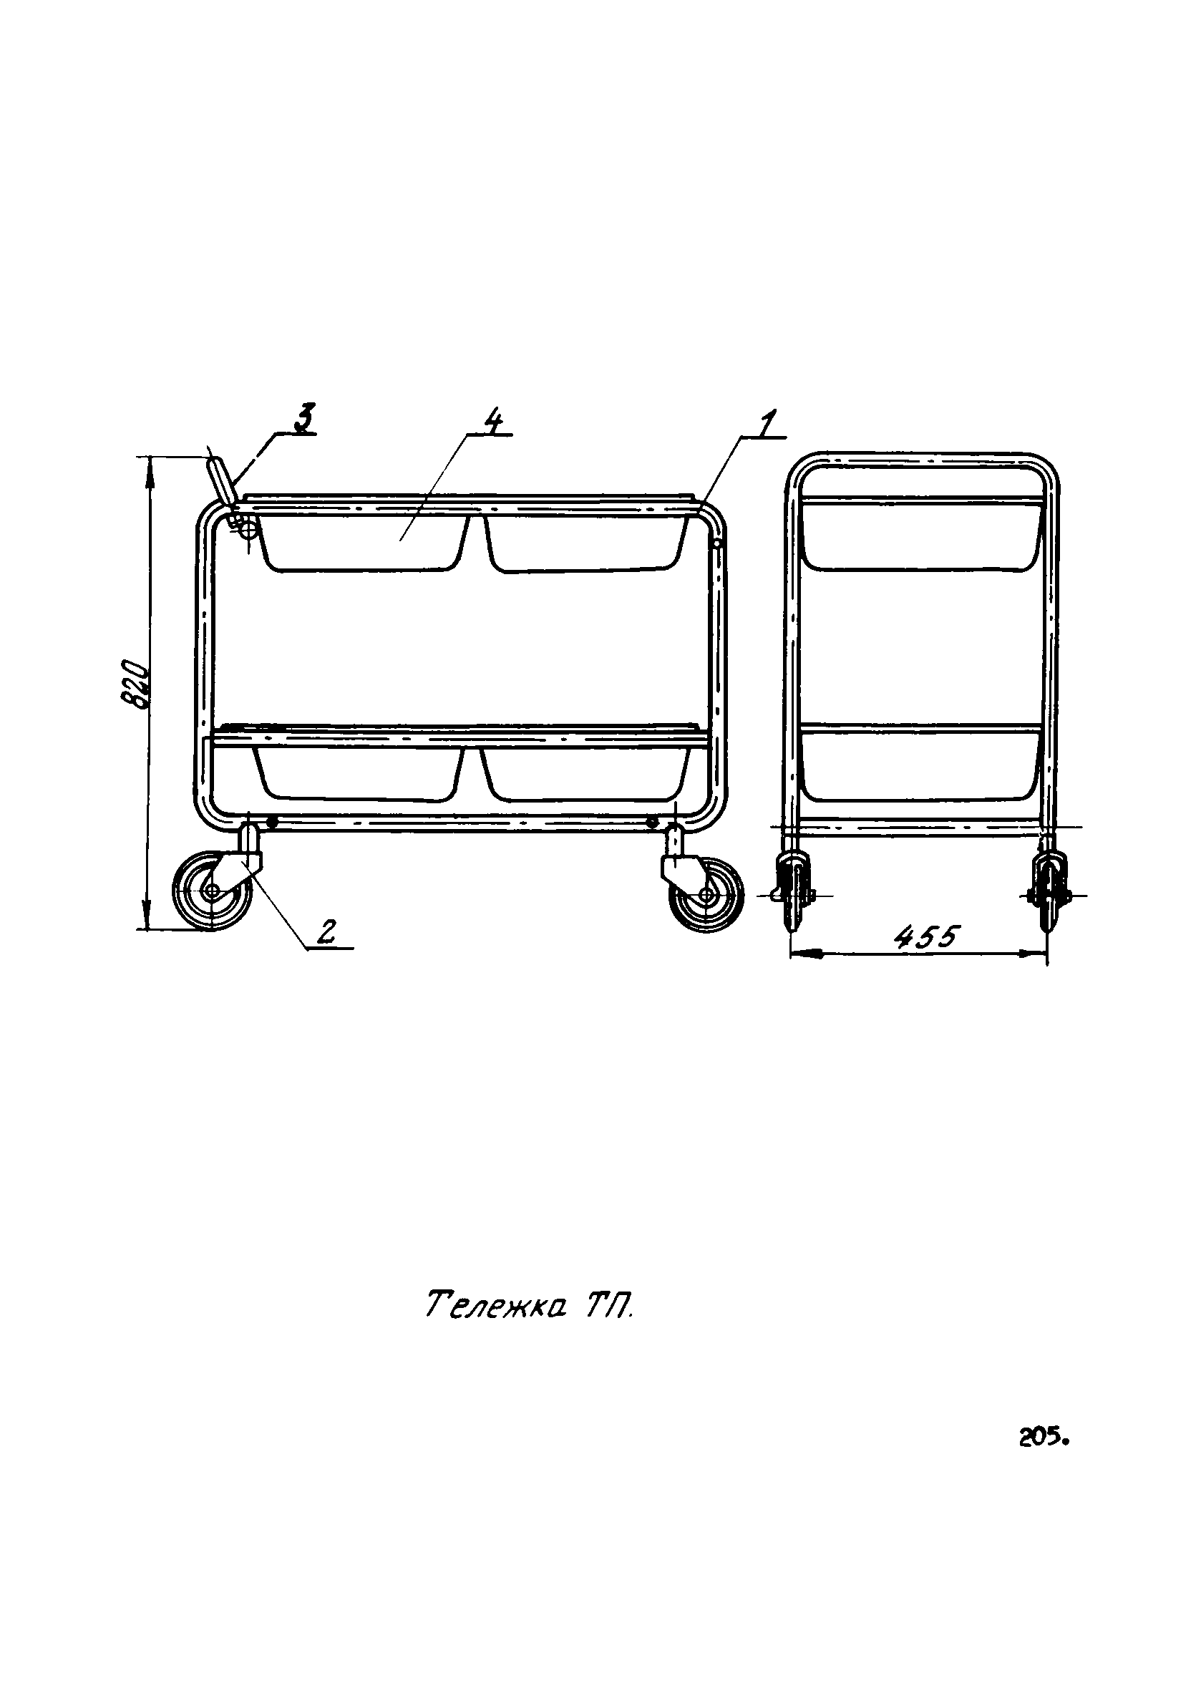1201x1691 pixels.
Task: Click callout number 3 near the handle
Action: point(303,417)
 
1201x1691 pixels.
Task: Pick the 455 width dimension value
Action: point(926,938)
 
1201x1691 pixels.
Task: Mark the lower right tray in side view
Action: point(585,773)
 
